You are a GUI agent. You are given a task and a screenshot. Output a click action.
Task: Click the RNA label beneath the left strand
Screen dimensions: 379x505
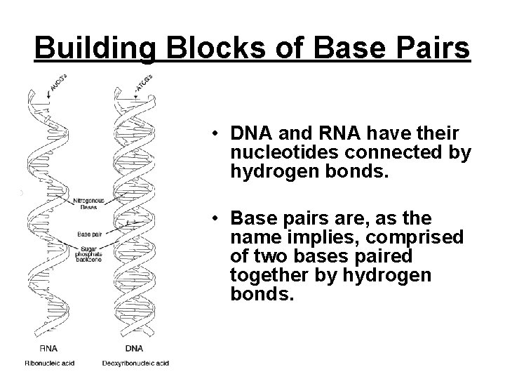click(x=49, y=349)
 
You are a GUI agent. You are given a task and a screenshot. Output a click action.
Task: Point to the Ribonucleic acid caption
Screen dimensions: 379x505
click(x=50, y=362)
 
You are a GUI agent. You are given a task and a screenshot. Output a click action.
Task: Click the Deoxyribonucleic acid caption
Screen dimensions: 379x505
click(x=135, y=362)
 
